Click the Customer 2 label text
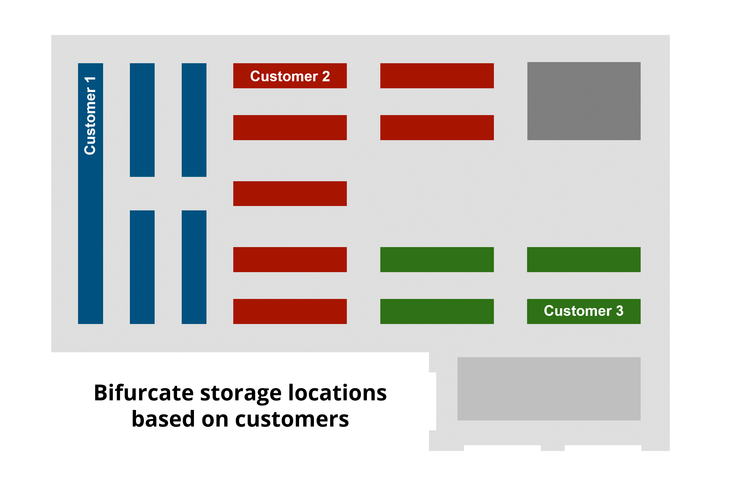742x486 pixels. point(290,76)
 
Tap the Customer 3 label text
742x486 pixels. point(583,311)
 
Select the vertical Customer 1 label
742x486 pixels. point(90,116)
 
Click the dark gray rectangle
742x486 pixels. point(584,101)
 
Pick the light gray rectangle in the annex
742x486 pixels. point(549,389)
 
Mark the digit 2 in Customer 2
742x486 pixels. point(326,76)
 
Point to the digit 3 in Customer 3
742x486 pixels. point(620,311)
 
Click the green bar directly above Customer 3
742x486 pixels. point(584,260)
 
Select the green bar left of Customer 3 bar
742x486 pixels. point(437,311)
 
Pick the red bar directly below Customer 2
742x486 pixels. point(290,128)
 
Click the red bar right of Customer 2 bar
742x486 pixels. point(437,76)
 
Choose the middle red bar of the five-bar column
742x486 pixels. point(290,193)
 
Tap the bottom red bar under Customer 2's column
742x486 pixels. point(290,311)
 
